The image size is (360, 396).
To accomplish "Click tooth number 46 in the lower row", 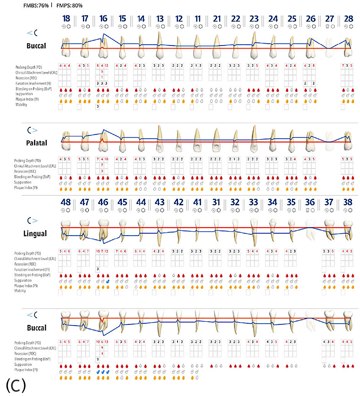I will pyautogui.click(x=103, y=201).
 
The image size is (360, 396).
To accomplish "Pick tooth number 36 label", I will pyautogui.click(x=310, y=201).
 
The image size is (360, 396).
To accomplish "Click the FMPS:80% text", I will pyautogui.click(x=69, y=6).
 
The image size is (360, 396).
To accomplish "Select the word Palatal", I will pyautogui.click(x=37, y=143).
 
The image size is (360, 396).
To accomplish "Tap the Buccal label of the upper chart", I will pyautogui.click(x=36, y=46).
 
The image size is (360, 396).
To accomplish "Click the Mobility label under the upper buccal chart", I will pyautogui.click(x=21, y=105).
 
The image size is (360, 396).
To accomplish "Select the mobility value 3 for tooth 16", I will pyautogui.click(x=98, y=107).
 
